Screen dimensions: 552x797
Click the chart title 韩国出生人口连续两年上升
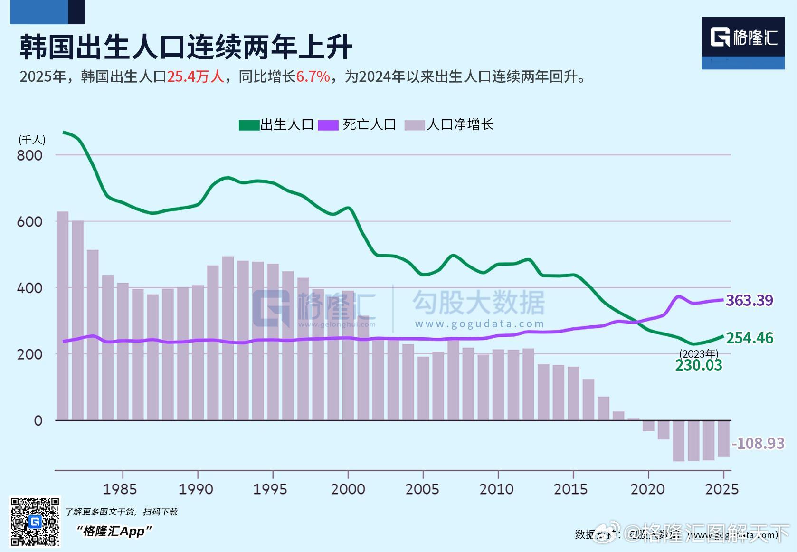[186, 47]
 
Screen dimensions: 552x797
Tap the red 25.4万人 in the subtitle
[195, 76]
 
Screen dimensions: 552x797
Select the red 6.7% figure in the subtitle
[313, 76]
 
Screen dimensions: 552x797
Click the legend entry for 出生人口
[276, 124]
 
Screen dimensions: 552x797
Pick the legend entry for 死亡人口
[357, 124]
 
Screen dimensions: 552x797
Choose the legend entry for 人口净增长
[449, 124]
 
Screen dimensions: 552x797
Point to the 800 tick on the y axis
[29, 155]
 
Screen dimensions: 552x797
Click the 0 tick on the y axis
[38, 420]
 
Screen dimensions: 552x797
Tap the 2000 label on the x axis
[348, 489]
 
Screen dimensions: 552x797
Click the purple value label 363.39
[749, 300]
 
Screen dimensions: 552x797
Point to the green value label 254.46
[750, 338]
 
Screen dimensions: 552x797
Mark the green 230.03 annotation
[698, 365]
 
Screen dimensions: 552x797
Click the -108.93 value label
[758, 443]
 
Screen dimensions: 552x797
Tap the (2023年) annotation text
[698, 353]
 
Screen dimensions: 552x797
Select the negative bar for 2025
[723, 438]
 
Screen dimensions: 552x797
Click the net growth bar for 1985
[123, 352]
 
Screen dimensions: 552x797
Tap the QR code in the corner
[35, 522]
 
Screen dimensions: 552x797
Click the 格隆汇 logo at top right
[743, 38]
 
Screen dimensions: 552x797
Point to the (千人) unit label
[32, 140]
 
